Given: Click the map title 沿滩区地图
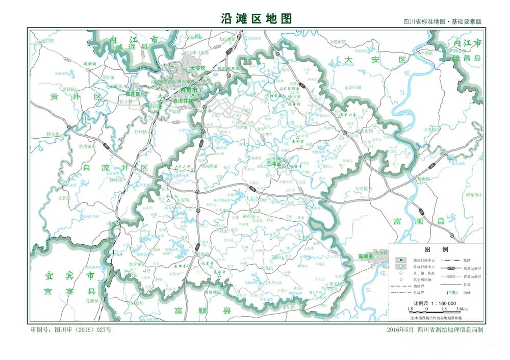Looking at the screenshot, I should pyautogui.click(x=257, y=18).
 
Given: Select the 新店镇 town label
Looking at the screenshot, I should pyautogui.click(x=354, y=87).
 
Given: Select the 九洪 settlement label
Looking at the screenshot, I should pyautogui.click(x=269, y=267).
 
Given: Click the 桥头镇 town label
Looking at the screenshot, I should pyautogui.click(x=53, y=134).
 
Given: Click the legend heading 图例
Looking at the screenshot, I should pyautogui.click(x=436, y=250).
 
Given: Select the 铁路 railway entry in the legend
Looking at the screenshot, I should pyautogui.click(x=468, y=260).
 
